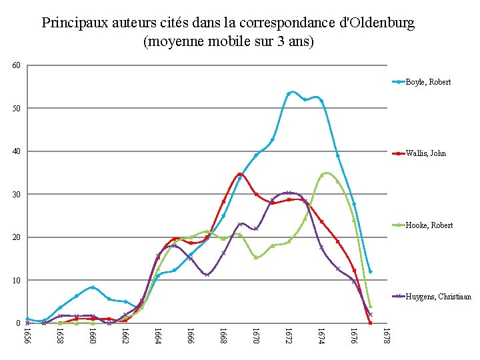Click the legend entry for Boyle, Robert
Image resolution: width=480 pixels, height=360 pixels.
point(431,82)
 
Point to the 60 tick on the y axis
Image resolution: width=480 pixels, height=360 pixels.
point(17,65)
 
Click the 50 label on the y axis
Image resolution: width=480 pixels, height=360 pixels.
point(17,108)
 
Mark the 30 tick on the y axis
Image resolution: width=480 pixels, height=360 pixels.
point(17,195)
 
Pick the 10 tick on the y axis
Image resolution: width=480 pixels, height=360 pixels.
point(17,281)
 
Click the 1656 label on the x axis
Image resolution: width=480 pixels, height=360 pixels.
point(27,335)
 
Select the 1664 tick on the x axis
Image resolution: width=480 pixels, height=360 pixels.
point(158,335)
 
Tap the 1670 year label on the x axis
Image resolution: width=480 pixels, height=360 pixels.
point(256,335)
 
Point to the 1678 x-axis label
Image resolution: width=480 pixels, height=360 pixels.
point(387,335)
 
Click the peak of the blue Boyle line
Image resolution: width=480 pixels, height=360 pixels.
point(291,92)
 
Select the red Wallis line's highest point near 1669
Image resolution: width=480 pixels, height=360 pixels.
point(240,174)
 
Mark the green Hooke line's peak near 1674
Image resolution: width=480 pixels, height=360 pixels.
point(325,173)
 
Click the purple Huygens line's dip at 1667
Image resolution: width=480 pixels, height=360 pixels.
point(207,275)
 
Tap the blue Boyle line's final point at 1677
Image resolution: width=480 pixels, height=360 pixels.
point(370,271)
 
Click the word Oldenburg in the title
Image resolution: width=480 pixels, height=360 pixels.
point(377,23)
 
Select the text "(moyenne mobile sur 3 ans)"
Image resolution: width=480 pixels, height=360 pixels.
point(228,41)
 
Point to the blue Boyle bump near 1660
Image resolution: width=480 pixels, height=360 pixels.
point(93,287)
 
